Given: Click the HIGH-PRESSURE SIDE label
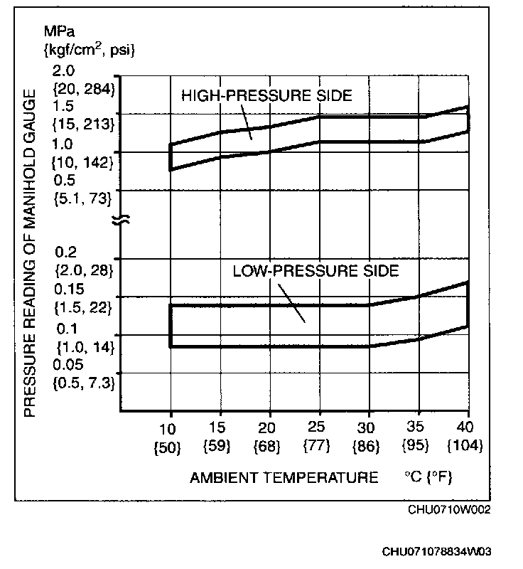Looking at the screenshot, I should pos(267,95).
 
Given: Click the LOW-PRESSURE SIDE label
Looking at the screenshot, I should pos(316,270).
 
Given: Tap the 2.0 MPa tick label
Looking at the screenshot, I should pos(63,70).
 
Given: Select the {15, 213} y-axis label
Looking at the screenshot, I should pos(83,124).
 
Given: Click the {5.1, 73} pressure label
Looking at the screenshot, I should pos(82,199).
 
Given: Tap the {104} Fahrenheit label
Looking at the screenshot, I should pos(466,447).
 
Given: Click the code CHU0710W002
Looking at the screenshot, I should pos(448,509).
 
